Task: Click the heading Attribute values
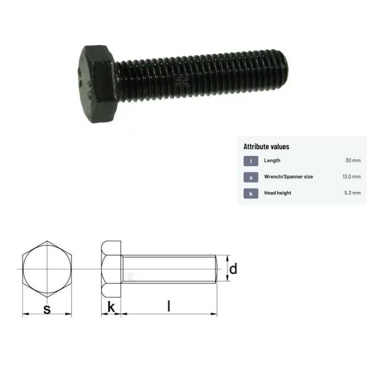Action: coord(266,146)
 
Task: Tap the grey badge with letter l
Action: coord(251,161)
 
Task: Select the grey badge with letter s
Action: coord(251,177)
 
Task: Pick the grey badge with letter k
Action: coord(251,193)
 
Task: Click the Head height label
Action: coord(278,193)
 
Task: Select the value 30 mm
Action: coord(353,161)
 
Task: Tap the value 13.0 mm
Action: coord(351,177)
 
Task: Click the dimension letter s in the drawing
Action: coord(47,309)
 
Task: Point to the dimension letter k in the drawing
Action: coord(111,308)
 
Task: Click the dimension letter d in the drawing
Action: coord(233,269)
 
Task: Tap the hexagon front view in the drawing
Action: coord(47,269)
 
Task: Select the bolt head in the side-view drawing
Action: coord(111,269)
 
